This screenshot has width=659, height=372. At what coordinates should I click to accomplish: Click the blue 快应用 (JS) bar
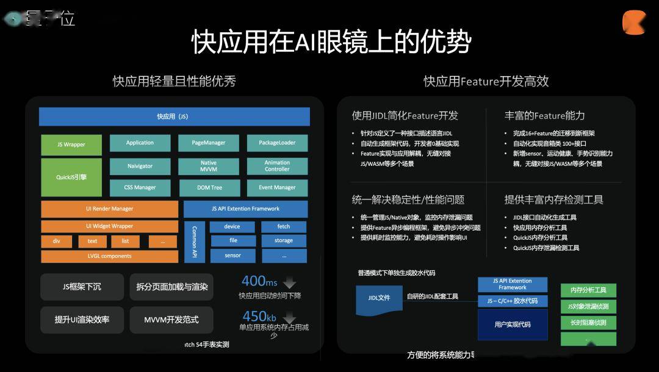click(174, 116)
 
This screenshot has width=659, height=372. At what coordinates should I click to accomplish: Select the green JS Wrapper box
click(71, 145)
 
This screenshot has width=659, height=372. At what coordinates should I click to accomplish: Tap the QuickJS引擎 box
click(71, 177)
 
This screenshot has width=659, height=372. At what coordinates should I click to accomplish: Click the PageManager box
click(208, 143)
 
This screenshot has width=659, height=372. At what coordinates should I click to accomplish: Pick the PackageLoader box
click(277, 143)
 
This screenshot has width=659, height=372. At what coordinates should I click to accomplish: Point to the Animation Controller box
click(277, 166)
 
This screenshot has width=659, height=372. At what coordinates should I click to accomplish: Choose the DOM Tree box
click(208, 188)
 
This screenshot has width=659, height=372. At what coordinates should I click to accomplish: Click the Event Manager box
click(277, 188)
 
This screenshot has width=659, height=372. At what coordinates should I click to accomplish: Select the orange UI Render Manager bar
click(109, 209)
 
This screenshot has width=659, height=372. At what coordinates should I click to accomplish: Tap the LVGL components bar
click(109, 256)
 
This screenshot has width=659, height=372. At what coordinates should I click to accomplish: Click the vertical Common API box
click(195, 241)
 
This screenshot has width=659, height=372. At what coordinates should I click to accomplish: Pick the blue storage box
click(284, 241)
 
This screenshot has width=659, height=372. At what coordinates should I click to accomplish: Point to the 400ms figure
click(259, 281)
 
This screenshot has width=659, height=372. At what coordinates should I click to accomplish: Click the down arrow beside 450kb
click(289, 318)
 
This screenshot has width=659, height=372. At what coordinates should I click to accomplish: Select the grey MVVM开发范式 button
click(171, 320)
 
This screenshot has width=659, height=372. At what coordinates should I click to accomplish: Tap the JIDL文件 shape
click(379, 298)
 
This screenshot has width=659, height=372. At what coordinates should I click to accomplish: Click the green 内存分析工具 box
click(588, 290)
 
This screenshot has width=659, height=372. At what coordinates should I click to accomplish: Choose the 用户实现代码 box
click(512, 324)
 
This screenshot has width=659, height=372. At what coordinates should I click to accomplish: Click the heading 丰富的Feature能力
click(544, 115)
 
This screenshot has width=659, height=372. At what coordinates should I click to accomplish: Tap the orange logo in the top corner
click(633, 23)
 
